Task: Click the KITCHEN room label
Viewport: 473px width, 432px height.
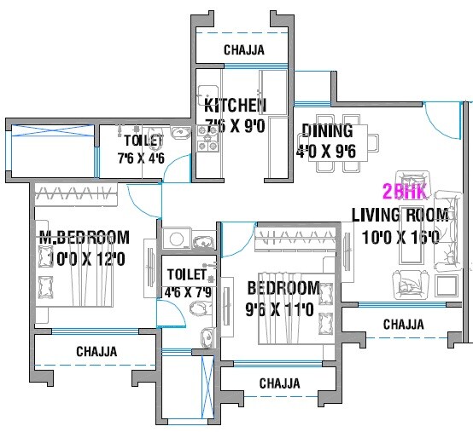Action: [x=235, y=106]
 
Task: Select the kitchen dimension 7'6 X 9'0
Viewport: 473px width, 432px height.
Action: [x=235, y=125]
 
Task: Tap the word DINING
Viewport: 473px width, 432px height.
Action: [x=327, y=131]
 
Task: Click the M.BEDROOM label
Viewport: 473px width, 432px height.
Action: [x=83, y=237]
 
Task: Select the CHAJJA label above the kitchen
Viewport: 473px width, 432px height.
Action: [x=243, y=50]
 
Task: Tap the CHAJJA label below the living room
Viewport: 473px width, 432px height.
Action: [x=403, y=325]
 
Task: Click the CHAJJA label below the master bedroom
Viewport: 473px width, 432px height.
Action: [x=96, y=352]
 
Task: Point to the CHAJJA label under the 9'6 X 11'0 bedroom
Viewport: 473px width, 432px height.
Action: [x=280, y=383]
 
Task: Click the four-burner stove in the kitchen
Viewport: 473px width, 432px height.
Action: [x=207, y=139]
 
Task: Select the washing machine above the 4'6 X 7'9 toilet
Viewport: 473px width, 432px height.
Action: [x=177, y=240]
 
